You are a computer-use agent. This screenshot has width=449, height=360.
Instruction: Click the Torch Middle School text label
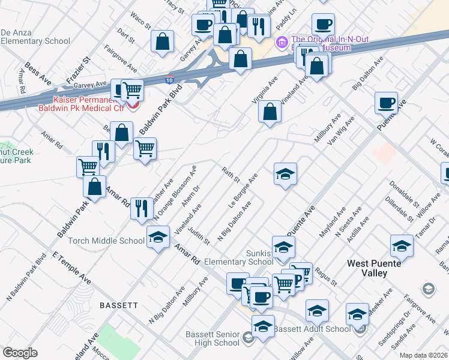106,241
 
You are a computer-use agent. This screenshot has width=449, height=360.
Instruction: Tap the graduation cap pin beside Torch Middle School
158,236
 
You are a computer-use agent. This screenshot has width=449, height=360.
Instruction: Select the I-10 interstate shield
170,79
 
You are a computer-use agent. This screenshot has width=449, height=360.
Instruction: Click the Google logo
20,352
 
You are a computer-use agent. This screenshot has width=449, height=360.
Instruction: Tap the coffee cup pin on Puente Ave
387,102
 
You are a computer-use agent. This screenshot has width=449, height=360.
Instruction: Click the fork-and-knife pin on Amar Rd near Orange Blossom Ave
142,208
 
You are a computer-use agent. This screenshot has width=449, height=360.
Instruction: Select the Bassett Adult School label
312,329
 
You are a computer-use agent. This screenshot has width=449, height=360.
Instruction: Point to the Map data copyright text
423,355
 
